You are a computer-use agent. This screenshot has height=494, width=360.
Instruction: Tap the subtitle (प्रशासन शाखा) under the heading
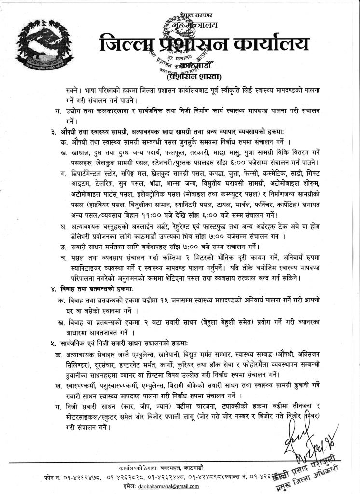pos(192,76)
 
